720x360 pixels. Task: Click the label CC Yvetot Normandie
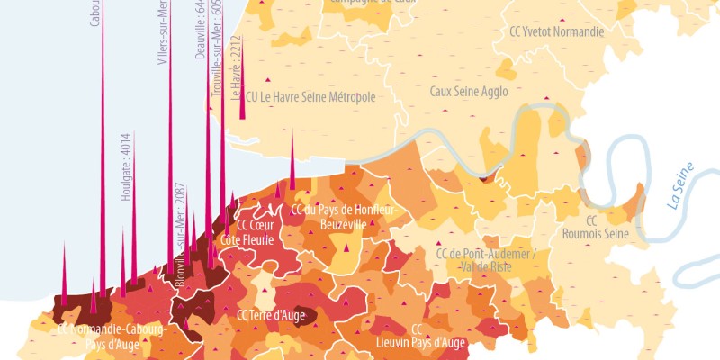click(x=556, y=31)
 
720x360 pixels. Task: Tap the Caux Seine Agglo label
click(x=469, y=92)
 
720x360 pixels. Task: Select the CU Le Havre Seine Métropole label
click(x=310, y=97)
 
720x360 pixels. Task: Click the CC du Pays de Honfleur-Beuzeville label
click(x=343, y=217)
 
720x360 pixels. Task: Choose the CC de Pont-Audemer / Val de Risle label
click(x=485, y=259)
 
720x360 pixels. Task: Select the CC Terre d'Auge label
click(x=272, y=316)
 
